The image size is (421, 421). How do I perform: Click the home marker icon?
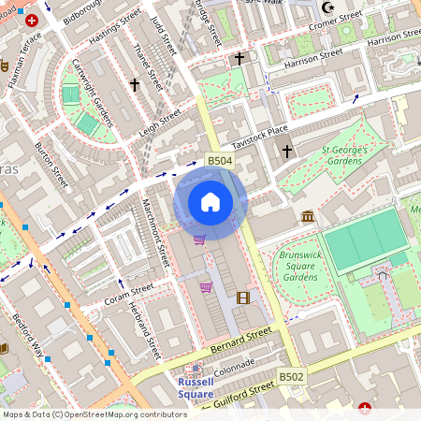point(210,201)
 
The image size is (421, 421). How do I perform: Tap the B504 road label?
point(219,162)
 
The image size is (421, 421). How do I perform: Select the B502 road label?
point(291,376)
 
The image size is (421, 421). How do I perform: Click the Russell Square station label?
point(196,387)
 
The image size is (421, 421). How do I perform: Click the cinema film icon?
point(243,298)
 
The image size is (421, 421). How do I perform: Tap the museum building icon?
point(308,217)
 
